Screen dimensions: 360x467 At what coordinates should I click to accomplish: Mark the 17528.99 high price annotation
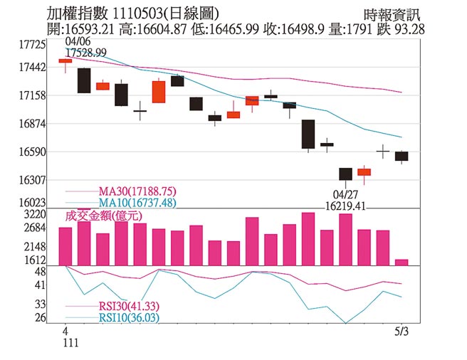[86, 53]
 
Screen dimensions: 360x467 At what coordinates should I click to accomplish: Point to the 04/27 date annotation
[346, 194]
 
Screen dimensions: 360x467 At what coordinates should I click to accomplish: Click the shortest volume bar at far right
[402, 262]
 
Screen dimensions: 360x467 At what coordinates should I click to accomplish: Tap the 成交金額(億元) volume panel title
[103, 215]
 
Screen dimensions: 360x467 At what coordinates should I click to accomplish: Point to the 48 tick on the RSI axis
[40, 272]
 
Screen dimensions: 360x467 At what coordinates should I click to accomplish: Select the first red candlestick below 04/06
[65, 61]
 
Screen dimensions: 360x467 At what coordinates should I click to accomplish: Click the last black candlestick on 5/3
[402, 156]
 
